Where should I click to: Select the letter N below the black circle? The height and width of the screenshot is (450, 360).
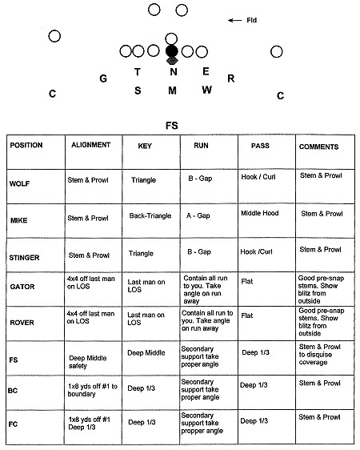(x=172, y=72)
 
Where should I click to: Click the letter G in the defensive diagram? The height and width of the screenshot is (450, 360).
(x=103, y=78)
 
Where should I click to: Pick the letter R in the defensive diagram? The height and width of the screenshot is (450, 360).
(x=230, y=78)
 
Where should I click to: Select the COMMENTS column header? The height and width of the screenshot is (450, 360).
(x=318, y=147)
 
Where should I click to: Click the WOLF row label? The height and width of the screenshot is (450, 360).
(x=22, y=183)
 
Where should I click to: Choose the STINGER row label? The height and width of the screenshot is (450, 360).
(x=26, y=258)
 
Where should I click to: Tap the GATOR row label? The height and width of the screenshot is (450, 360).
(x=23, y=285)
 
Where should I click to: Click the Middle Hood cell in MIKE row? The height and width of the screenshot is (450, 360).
(x=261, y=214)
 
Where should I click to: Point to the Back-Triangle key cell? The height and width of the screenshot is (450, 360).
(x=151, y=216)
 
